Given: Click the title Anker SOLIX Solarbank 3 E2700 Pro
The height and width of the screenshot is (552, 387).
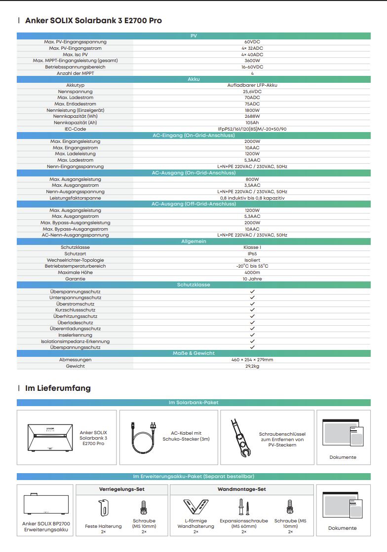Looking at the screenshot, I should point(93,21).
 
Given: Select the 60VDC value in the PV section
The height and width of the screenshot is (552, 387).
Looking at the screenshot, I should point(252,42).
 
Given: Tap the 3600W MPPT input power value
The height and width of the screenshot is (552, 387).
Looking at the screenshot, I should point(252,61).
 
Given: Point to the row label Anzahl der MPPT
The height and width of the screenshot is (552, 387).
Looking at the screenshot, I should point(75,73).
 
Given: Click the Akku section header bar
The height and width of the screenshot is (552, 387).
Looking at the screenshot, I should point(193,79).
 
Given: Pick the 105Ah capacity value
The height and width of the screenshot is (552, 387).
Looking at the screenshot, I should point(252,123).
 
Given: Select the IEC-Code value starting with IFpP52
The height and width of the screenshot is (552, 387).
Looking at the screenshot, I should point(252,129).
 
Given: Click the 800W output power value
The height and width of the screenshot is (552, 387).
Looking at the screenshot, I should point(252,179).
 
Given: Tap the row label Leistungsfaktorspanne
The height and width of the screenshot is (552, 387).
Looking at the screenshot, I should point(75,198).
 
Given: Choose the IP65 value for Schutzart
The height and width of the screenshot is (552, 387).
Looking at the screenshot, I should point(252,254).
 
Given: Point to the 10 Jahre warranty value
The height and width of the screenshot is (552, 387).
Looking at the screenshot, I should point(252,279).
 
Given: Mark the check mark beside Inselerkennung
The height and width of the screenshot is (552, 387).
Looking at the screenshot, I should point(252,335).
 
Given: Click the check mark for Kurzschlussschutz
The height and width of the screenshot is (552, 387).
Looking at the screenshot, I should point(252,310).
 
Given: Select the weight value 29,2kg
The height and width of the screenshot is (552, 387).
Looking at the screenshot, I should point(252,366).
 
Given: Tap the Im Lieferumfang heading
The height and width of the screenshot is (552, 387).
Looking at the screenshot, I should point(58,388).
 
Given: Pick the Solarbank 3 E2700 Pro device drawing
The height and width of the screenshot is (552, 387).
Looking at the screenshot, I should point(50,436).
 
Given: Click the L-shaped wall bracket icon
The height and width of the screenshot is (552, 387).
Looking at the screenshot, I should point(195,507).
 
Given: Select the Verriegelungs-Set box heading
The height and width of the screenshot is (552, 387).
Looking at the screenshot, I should point(122,489).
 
